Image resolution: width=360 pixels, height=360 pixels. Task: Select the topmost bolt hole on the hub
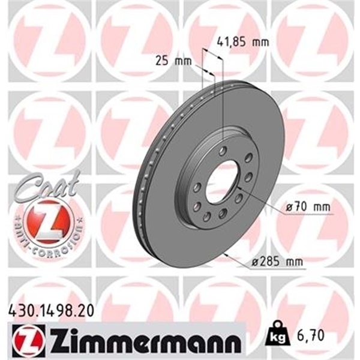223,151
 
